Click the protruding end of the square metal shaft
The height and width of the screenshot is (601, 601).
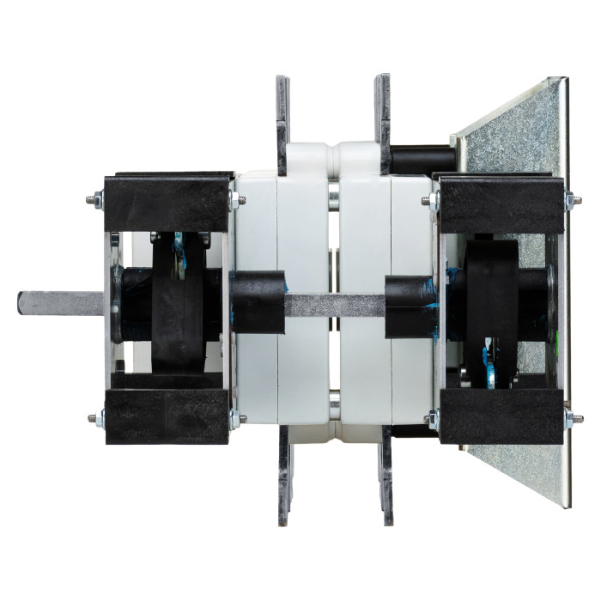(x=52, y=303)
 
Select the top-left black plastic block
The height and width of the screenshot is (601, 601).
(x=167, y=199)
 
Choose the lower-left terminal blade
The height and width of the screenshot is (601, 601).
(x=283, y=477)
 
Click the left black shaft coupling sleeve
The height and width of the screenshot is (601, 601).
(x=258, y=302)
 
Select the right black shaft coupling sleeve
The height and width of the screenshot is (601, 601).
(x=411, y=306)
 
